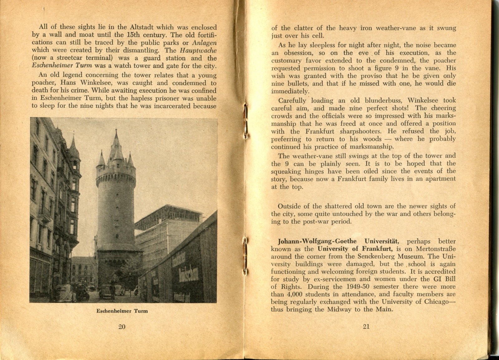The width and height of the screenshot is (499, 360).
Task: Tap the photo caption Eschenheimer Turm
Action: coord(122,311)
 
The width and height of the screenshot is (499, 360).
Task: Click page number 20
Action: coord(122,327)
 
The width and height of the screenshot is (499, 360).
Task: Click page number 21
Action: coord(366,327)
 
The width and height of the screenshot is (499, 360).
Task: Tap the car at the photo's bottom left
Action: coord(65,294)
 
